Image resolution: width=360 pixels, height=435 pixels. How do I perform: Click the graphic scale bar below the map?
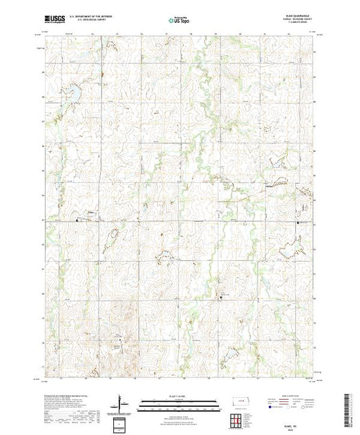pyautogui.click(x=179, y=404)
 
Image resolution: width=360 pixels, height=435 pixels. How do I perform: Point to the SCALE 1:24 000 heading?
pyautogui.click(x=179, y=397)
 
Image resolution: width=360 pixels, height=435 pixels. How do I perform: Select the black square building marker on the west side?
pyautogui.click(x=77, y=220)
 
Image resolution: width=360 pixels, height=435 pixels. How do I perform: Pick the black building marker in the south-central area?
pyautogui.click(x=221, y=296)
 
